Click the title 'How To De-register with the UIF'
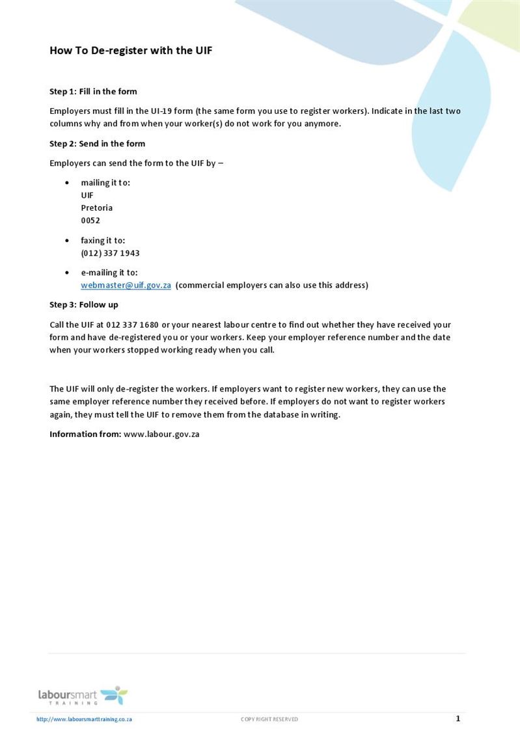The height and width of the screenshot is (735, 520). coord(131,50)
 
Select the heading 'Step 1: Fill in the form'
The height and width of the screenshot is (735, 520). coord(93,92)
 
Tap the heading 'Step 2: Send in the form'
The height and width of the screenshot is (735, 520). coord(97,144)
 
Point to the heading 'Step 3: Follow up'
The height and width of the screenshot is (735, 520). coord(83,304)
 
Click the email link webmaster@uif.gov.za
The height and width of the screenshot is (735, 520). coord(126,285)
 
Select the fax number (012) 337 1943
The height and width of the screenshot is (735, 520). coord(110,253)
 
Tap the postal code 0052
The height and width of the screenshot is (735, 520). coord(90,220)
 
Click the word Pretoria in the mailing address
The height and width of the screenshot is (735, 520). coord(96,207)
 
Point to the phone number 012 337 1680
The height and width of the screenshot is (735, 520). coord(132,325)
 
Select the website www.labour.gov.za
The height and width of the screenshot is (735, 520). coord(161,434)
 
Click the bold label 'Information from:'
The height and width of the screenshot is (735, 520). coord(85,434)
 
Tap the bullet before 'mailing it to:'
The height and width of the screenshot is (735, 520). coord(66,183)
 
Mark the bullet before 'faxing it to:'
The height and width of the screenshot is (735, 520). coord(66,241)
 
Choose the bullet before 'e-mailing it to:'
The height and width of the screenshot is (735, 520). coord(66,273)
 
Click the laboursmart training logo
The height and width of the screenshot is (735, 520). coord(83,695)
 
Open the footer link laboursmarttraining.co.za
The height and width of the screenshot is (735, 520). coord(84,719)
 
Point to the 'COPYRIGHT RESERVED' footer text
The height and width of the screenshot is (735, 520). coord(269,719)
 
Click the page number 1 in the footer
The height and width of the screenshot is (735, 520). coord(458,719)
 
